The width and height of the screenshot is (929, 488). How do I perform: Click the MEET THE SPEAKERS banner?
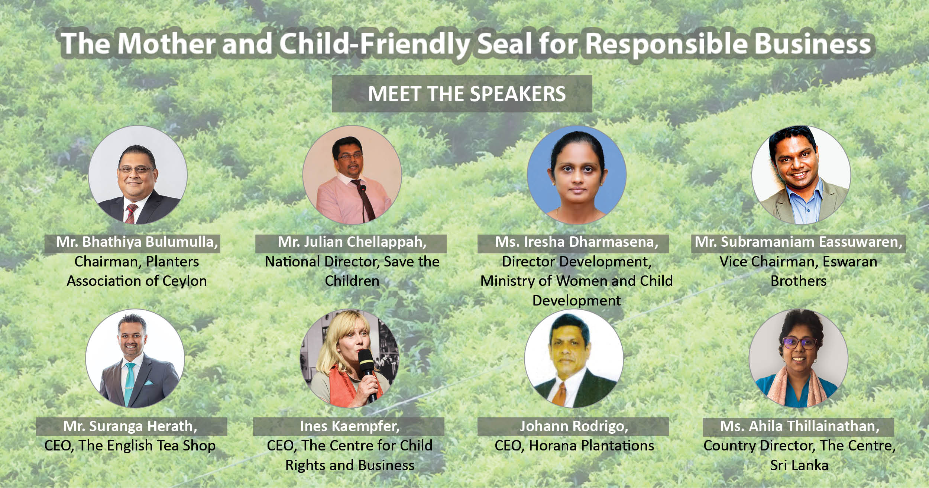[462, 93]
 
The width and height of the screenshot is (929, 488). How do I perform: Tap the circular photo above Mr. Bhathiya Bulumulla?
[137, 175]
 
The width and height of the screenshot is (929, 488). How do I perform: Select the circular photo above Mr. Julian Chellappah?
[352, 175]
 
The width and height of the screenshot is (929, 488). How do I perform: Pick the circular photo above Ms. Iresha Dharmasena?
[577, 175]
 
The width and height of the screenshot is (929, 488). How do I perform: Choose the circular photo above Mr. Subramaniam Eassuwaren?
[801, 175]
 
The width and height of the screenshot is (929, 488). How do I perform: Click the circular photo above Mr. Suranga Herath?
[135, 358]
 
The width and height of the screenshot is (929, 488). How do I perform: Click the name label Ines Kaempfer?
[350, 426]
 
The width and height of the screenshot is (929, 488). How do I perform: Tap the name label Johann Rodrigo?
[574, 426]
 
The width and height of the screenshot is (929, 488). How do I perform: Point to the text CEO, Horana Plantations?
[574, 446]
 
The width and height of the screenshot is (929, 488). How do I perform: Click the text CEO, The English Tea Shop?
[130, 446]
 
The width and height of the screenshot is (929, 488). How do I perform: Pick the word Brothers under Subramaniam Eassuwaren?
[799, 281]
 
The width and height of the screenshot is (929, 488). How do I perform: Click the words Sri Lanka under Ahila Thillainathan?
[799, 465]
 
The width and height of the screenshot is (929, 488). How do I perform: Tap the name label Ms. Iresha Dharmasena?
[577, 242]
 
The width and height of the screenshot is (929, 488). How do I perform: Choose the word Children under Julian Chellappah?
[352, 281]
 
